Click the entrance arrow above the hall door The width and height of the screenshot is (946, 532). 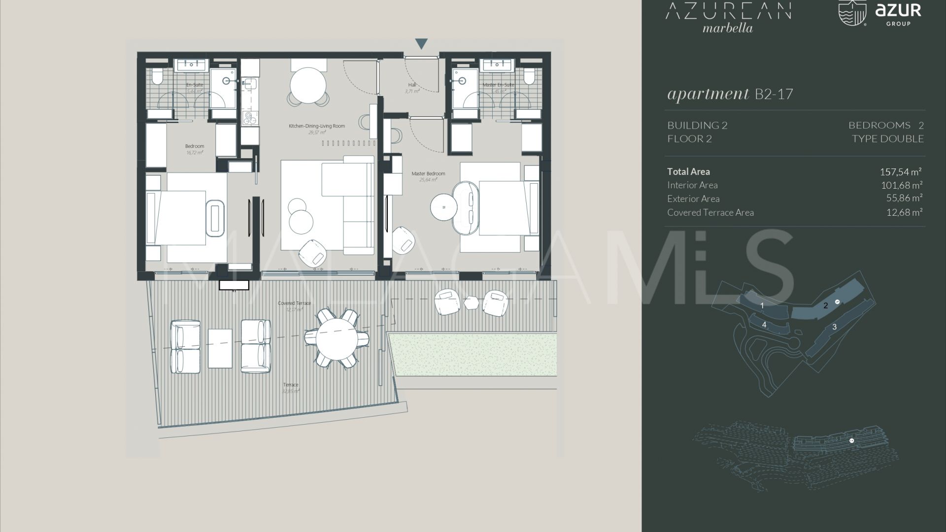point(421,44)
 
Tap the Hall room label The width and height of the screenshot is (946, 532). point(412,85)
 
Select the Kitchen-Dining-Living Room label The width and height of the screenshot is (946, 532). point(317,126)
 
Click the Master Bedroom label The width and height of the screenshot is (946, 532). point(428,174)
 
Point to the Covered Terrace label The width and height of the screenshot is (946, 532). point(294,303)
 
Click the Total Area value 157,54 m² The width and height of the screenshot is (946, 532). point(900,172)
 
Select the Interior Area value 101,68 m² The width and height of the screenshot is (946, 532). point(901,185)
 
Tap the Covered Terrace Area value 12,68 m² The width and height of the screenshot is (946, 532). point(904,212)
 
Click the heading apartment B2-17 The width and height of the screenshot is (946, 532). point(730,94)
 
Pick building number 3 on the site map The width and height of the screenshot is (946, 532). point(834,327)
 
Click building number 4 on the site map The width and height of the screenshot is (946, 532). point(764,325)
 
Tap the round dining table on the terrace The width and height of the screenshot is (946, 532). point(337,338)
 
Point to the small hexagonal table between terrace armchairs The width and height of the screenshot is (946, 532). point(472,302)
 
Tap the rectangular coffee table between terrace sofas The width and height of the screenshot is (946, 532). point(220,348)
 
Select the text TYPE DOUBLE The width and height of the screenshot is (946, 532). point(887,139)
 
